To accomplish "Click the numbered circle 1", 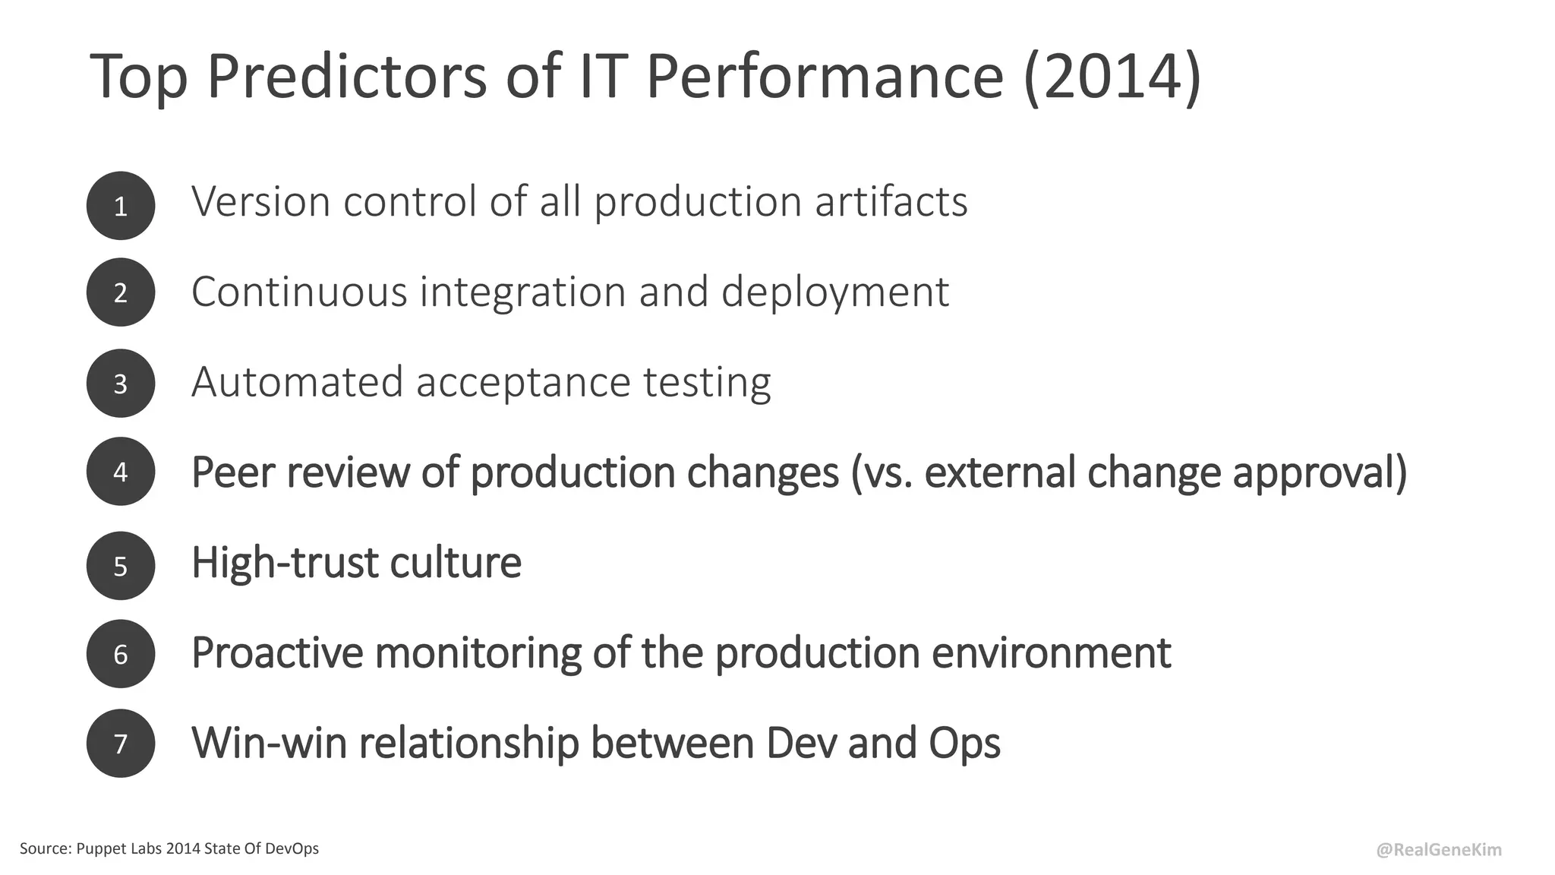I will point(121,206).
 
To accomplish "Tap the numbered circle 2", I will point(121,292).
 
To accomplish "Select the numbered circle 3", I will point(121,383).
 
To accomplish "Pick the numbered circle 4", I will point(121,472).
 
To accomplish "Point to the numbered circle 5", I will point(121,566).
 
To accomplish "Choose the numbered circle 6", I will point(121,654).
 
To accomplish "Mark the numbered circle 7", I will point(121,743).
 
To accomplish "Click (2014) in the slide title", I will point(1112,77).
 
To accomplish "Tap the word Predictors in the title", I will point(346,77).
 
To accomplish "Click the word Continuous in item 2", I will point(299,292).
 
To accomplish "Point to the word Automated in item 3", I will point(297,381).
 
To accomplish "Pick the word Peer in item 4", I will point(232,472).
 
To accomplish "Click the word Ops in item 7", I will point(964,744).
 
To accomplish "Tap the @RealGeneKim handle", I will point(1439,850).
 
